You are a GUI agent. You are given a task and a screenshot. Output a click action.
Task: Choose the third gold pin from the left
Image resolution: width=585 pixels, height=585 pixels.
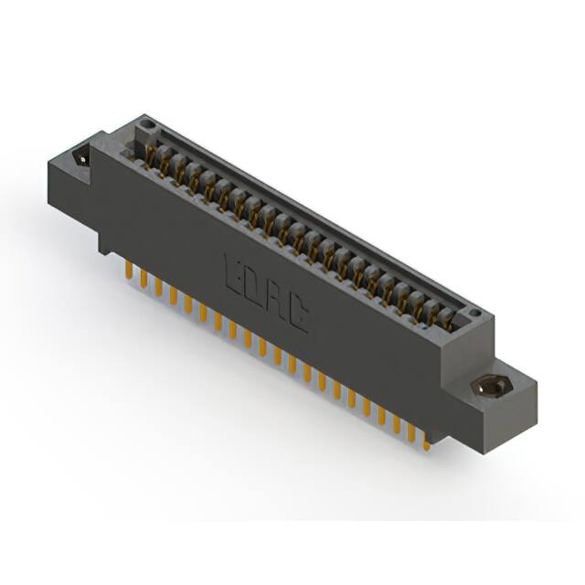(158, 287)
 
